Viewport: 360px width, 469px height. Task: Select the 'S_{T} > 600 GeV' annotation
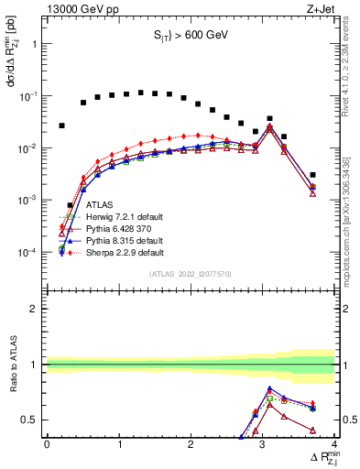click(190, 38)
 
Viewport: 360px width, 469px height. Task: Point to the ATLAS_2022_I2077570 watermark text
click(190, 274)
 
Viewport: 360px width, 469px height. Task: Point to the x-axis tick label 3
click(263, 445)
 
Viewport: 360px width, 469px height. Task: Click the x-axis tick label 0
click(47, 445)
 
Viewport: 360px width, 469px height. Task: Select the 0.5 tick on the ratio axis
click(33, 420)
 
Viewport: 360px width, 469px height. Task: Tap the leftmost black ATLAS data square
click(61, 125)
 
